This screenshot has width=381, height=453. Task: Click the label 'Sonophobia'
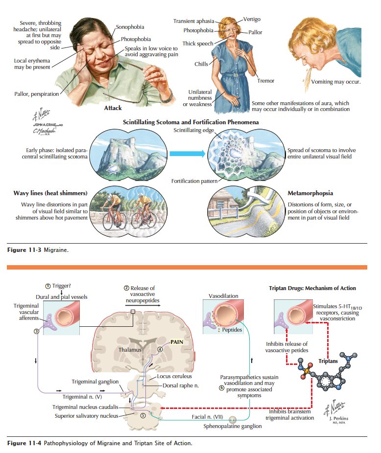coord(130,26)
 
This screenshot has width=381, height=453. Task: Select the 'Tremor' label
coord(266,80)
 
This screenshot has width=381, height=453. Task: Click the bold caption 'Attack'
coord(113,108)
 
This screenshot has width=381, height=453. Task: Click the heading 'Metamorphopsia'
coord(310,193)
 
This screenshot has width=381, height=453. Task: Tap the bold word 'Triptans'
coord(328,362)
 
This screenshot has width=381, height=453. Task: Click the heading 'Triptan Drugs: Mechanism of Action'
coord(312,288)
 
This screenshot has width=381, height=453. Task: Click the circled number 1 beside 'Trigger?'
coord(47,286)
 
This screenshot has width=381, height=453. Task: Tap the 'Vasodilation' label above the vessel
coord(223,296)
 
